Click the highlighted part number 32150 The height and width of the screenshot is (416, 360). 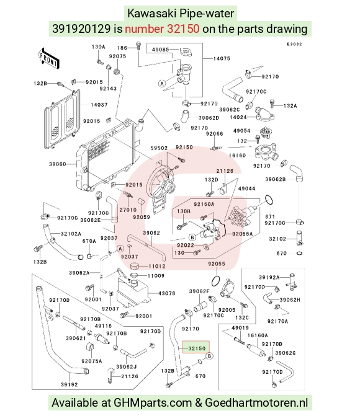[197, 348]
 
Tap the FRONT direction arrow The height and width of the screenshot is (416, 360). [48, 60]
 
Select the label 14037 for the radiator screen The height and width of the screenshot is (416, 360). [99, 105]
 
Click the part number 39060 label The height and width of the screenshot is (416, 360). [57, 164]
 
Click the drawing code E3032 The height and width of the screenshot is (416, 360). [294, 44]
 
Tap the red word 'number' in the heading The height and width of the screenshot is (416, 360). [145, 29]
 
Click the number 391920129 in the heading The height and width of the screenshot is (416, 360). [81, 29]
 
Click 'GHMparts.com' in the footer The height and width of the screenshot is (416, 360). [153, 402]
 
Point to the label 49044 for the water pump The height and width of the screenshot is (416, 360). [247, 188]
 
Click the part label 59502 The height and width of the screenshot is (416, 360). [159, 148]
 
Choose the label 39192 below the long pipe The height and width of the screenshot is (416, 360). [70, 384]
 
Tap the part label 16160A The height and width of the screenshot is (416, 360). [258, 335]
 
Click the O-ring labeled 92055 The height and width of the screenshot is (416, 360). [217, 280]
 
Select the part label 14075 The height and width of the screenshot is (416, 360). [222, 59]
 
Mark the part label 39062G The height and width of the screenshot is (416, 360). [286, 353]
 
